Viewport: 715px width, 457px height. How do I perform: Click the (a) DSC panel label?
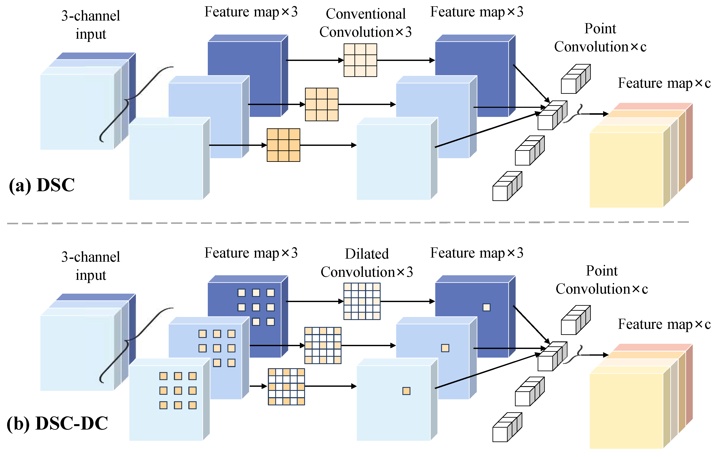[41, 185]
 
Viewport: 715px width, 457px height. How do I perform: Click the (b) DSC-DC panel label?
[57, 424]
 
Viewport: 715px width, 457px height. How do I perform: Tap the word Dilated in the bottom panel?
[367, 254]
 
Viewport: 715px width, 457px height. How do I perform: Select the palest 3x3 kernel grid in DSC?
[360, 60]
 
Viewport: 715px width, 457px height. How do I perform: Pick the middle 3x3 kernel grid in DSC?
[322, 105]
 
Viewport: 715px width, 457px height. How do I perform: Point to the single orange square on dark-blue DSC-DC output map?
[486, 307]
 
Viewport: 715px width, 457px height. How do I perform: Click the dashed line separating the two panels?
[347, 223]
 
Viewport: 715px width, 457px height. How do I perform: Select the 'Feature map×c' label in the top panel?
[664, 83]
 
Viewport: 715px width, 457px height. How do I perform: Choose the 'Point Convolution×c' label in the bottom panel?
[602, 280]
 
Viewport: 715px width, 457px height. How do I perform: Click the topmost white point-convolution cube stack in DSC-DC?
[575, 320]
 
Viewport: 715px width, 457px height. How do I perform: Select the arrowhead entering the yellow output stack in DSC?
[606, 114]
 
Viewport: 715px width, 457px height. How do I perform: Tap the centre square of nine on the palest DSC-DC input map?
[178, 391]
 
